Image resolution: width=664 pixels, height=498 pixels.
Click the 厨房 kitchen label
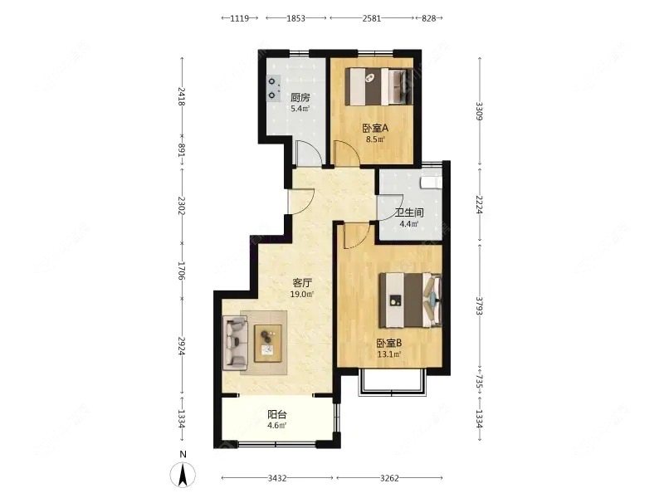click(300, 98)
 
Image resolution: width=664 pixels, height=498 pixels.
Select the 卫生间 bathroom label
click(409, 213)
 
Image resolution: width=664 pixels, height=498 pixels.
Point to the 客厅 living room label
click(302, 283)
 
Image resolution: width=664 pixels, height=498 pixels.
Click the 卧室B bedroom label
click(389, 343)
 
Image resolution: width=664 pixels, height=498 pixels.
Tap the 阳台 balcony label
click(277, 415)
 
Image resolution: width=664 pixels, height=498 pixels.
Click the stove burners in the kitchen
click(273, 88)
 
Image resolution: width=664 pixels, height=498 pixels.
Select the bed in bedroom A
click(379, 87)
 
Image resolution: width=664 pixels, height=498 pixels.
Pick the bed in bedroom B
click(411, 300)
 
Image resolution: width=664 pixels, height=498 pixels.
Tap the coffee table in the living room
click(268, 344)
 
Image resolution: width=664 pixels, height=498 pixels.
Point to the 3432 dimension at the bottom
click(277, 478)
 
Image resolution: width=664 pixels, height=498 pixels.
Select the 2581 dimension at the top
click(371, 18)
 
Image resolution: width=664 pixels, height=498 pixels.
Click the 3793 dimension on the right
click(480, 305)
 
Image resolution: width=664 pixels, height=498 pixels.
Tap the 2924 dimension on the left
click(182, 346)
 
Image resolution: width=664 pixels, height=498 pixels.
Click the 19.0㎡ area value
click(302, 295)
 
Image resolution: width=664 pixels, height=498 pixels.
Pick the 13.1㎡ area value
click(389, 354)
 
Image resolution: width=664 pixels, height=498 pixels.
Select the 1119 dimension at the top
click(240, 18)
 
